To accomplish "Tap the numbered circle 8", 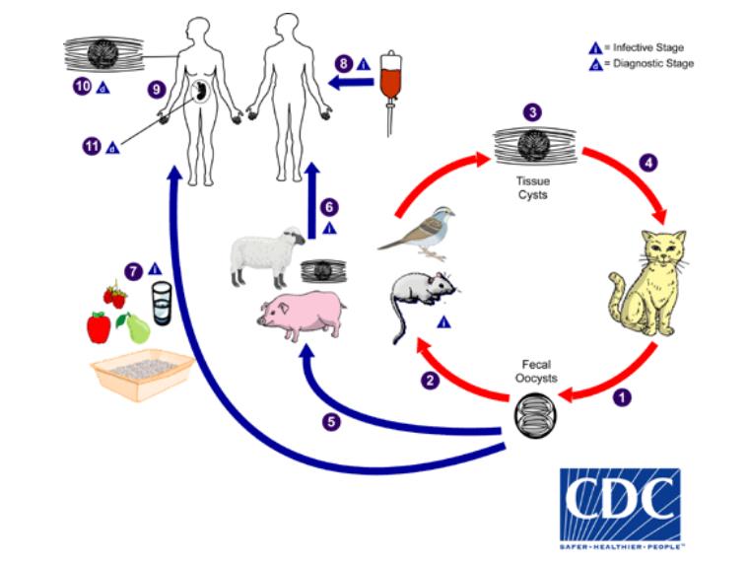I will [x=344, y=63].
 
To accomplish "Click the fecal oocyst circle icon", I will [x=533, y=410].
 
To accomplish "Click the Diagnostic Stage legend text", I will [x=652, y=63].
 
